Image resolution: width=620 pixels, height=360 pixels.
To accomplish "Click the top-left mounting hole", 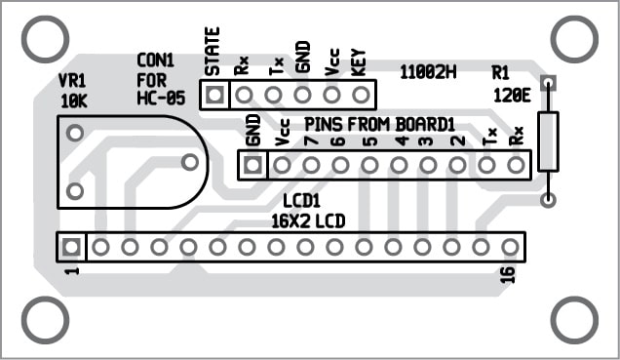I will (x=43, y=40).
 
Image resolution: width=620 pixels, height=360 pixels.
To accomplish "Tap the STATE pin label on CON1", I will (x=213, y=53).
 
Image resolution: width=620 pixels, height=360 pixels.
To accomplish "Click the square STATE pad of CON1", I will (x=214, y=95).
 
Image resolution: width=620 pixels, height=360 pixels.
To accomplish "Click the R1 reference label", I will (x=501, y=72).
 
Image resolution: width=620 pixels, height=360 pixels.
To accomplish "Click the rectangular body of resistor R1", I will (x=548, y=141).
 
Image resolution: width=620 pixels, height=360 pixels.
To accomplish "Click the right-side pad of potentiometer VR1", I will (x=191, y=162).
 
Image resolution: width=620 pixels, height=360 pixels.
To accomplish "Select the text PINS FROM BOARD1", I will (x=380, y=124).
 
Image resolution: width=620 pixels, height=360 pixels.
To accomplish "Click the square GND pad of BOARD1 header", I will (x=253, y=164).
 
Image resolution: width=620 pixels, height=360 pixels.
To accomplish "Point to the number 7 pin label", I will (x=309, y=140).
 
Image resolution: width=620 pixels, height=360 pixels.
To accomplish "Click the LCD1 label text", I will (x=301, y=200).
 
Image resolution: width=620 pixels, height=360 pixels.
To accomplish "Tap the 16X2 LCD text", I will (x=308, y=220).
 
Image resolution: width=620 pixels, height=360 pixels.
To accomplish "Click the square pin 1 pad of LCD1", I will (x=70, y=247).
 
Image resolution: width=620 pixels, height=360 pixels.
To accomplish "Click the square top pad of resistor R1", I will (x=548, y=84).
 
